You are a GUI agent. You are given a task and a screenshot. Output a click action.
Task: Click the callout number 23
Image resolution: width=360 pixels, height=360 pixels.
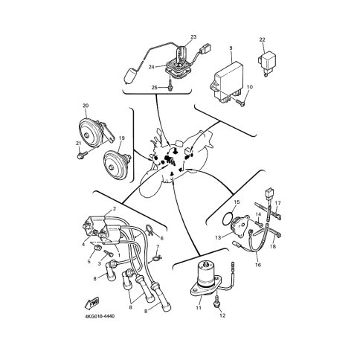coord(193,37)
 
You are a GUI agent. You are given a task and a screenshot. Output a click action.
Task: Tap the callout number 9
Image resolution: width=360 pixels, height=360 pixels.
coord(231,48)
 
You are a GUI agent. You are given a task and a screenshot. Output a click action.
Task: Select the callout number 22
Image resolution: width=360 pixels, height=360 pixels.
coord(262,39)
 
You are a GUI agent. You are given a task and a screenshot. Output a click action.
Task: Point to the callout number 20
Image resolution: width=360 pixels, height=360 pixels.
coord(86,106)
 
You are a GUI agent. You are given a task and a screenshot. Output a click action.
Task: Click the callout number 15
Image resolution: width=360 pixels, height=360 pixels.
coord(237,202)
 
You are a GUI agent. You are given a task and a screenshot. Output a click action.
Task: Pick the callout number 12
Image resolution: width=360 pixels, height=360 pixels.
coord(222,315)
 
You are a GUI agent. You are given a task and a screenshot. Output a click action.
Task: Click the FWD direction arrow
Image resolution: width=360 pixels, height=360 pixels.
coord(91,303)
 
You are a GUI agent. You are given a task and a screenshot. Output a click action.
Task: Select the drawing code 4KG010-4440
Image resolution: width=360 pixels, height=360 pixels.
coord(100,316)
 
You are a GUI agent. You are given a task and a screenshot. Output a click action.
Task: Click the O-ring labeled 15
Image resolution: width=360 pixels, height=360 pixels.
coord(228,219)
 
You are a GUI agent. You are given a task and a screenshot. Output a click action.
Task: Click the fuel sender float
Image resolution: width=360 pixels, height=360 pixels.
coord(131,77)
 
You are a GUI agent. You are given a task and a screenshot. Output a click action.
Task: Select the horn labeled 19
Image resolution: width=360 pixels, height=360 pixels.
coord(117,164)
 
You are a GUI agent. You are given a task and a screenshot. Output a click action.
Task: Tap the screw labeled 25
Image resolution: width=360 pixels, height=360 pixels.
coord(170,85)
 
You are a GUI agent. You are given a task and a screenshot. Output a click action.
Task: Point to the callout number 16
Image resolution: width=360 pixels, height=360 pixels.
coord(258,265)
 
